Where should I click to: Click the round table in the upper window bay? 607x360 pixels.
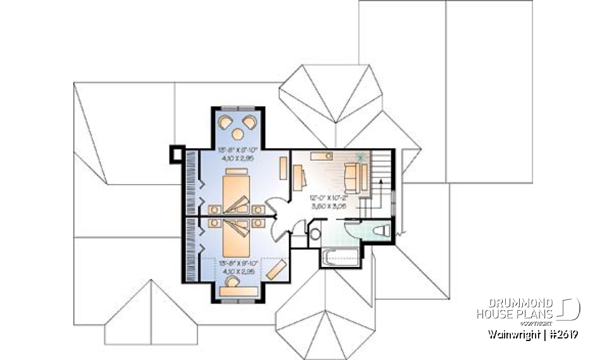[x=238, y=133]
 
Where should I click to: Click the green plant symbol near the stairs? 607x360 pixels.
[x=361, y=157]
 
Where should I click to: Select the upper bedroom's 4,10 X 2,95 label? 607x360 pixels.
[x=236, y=159]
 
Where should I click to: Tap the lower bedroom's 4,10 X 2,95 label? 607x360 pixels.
[x=236, y=270]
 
